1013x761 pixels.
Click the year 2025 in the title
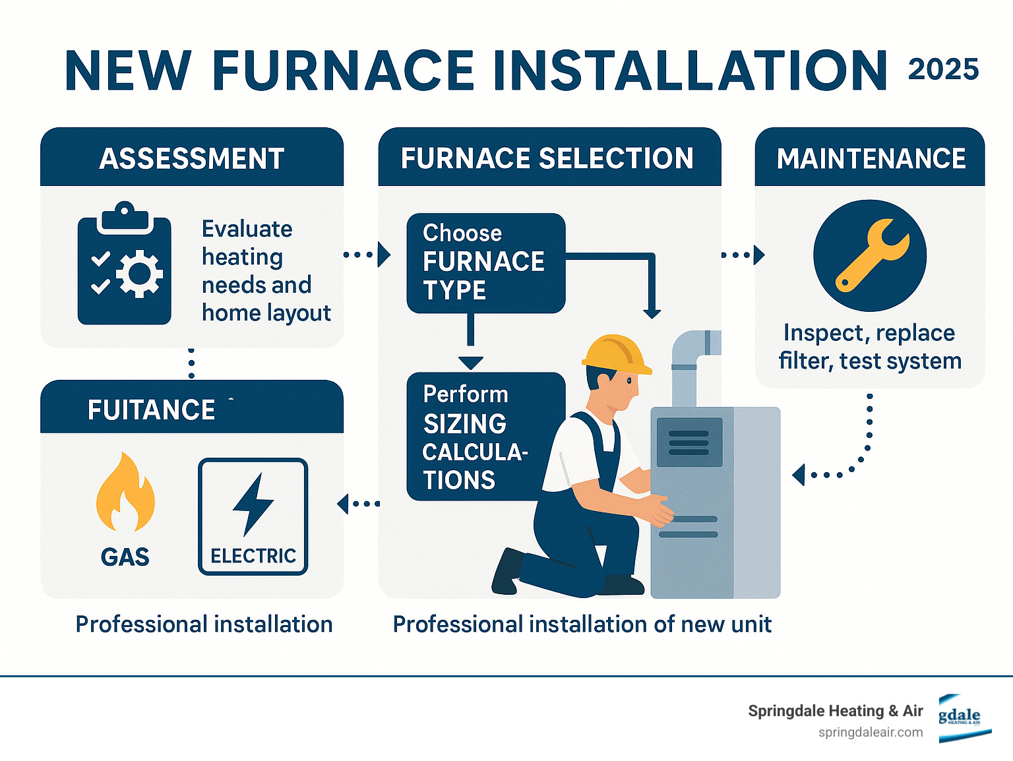coord(943,69)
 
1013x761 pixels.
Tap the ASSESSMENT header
coord(192,158)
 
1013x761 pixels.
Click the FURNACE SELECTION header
coord(547,158)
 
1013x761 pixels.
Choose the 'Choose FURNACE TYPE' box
coord(485,262)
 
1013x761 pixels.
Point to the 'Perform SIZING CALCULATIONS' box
coord(485,437)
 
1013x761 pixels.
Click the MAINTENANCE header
coord(871,158)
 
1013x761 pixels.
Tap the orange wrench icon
coord(871,255)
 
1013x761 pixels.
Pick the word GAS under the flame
coord(125,557)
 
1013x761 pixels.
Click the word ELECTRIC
coord(253,556)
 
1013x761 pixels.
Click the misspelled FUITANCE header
coord(152,410)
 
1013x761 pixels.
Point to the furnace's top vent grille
coord(689,442)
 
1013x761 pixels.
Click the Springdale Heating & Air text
coord(835,711)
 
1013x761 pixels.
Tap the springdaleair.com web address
coord(871,733)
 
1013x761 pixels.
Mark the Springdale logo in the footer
coord(960,718)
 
